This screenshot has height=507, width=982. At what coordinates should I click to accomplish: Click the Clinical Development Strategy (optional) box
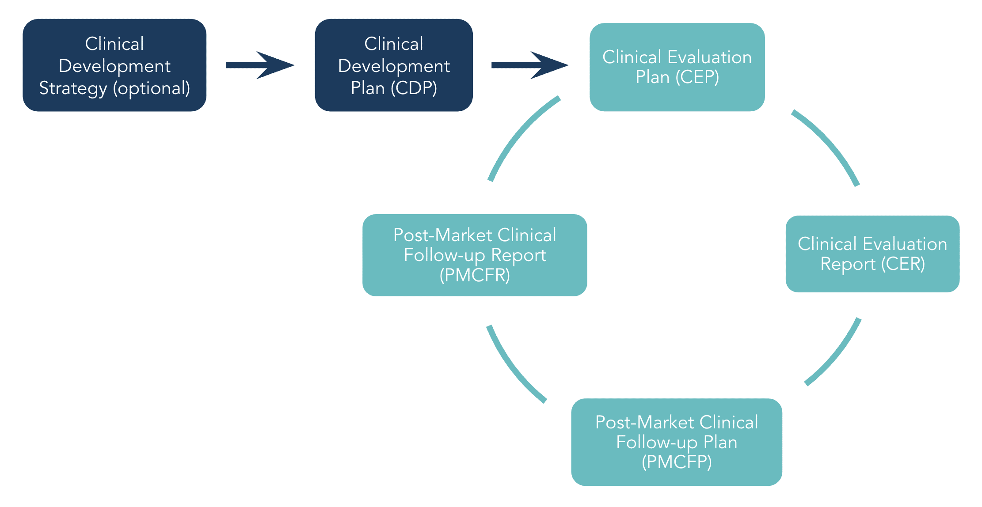[x=114, y=65]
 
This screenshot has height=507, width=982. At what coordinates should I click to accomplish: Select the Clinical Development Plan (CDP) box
[x=394, y=65]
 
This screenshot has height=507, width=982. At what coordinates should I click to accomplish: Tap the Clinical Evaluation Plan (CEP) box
[x=677, y=67]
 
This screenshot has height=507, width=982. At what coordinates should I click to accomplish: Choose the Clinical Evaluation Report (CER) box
[x=872, y=253]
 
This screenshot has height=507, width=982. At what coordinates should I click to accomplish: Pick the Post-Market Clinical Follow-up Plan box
[x=677, y=442]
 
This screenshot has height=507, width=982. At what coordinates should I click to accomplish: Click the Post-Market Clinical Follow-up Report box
[x=475, y=255]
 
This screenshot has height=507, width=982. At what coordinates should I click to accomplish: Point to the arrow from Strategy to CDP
[x=260, y=65]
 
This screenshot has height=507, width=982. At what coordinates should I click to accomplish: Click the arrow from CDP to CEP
[x=529, y=65]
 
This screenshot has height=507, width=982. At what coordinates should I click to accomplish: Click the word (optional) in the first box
[x=152, y=88]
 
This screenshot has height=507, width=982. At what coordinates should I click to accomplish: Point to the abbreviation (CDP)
[x=414, y=88]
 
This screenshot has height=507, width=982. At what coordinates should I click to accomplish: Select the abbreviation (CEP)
[x=697, y=77]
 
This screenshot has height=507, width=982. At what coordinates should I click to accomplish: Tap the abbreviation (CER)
[x=903, y=264]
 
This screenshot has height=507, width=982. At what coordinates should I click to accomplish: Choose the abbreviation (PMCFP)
[x=677, y=462]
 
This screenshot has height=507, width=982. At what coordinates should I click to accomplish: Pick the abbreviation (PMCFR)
[x=475, y=275]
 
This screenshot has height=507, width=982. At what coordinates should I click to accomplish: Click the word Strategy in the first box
[x=73, y=88]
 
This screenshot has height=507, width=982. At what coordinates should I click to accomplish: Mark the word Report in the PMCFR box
[x=518, y=255]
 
